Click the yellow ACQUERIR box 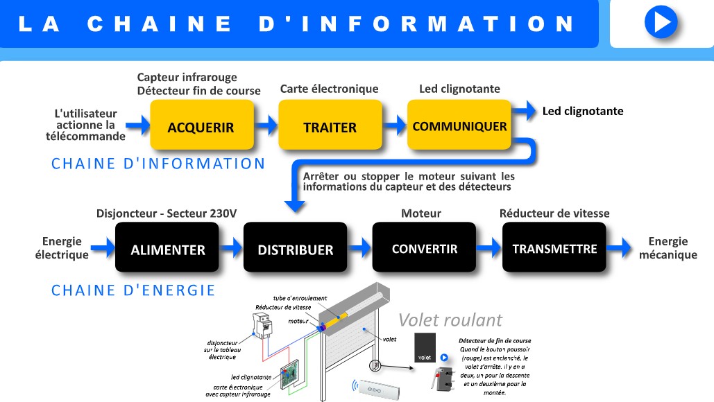201,125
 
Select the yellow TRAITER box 330,125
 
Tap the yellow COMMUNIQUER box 459,125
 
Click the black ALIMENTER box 168,248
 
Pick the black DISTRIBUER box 295,248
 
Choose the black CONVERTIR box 424,247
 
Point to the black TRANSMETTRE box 554,247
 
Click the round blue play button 661,21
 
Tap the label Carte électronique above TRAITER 329,89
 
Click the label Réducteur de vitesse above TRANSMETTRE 554,213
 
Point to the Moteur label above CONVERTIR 420,213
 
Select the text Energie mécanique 668,248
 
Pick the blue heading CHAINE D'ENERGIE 133,290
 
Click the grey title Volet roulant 450,320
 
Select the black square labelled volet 425,347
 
